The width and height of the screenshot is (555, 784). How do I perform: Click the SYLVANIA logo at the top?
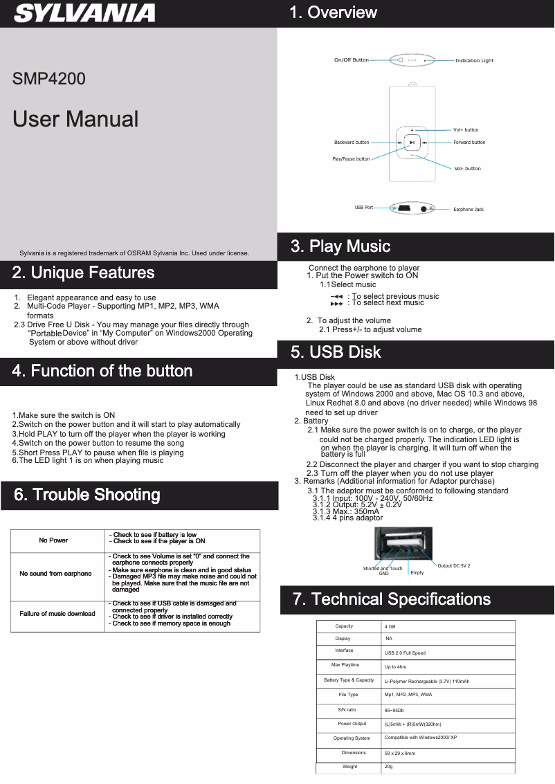point(85,13)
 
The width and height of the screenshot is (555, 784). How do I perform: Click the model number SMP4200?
point(49,79)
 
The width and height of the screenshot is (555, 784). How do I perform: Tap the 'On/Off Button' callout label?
point(351,60)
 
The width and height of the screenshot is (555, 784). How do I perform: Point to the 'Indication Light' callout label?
point(474,61)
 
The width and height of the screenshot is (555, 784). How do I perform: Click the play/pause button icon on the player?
point(412,143)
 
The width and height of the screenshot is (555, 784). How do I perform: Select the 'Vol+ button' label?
point(466,130)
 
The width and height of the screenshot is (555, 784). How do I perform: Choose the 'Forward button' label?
point(469,143)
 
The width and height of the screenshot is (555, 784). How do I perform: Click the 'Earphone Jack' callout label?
point(468,209)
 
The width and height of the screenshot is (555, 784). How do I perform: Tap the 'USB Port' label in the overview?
point(364,208)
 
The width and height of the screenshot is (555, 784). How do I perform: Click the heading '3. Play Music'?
point(340,246)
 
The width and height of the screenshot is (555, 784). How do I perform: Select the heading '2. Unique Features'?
point(83,273)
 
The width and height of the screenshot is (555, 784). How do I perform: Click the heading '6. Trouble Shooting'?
point(87,495)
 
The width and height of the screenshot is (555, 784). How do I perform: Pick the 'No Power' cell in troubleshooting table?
point(53,540)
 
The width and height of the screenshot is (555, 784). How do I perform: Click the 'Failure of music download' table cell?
point(57,614)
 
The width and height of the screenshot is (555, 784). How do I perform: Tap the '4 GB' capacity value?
point(390,626)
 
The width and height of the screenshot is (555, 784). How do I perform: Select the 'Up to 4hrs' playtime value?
point(395,667)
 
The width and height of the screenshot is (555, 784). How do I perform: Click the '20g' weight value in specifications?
point(389,767)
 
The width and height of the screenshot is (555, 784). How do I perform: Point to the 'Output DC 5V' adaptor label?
point(453,566)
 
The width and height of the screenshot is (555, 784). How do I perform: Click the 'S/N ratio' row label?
point(347,710)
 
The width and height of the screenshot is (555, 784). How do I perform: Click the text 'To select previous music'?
point(395,296)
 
